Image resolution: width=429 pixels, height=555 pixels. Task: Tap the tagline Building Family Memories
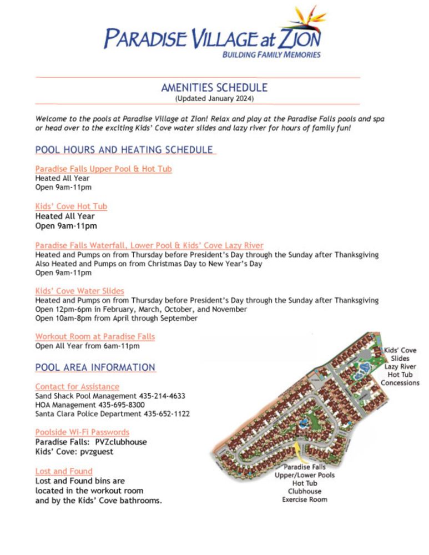271,55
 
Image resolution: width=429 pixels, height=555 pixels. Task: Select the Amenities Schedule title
214,88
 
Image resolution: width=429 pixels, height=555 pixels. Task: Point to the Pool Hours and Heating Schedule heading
124,150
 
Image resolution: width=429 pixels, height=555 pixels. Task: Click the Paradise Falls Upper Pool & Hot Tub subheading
103,169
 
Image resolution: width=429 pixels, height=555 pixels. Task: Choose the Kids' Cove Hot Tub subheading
71,206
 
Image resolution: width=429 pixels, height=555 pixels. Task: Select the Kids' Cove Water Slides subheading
79,291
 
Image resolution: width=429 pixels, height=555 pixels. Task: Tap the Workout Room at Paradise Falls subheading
95,336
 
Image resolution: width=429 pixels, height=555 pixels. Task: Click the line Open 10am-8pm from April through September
116,319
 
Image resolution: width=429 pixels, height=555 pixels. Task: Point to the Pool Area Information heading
95,367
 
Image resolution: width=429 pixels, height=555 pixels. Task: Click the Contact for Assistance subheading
77,386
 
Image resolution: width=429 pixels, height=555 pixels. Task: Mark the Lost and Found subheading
64,471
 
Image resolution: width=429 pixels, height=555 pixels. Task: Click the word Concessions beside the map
400,383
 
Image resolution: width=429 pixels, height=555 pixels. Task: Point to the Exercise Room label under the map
305,500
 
